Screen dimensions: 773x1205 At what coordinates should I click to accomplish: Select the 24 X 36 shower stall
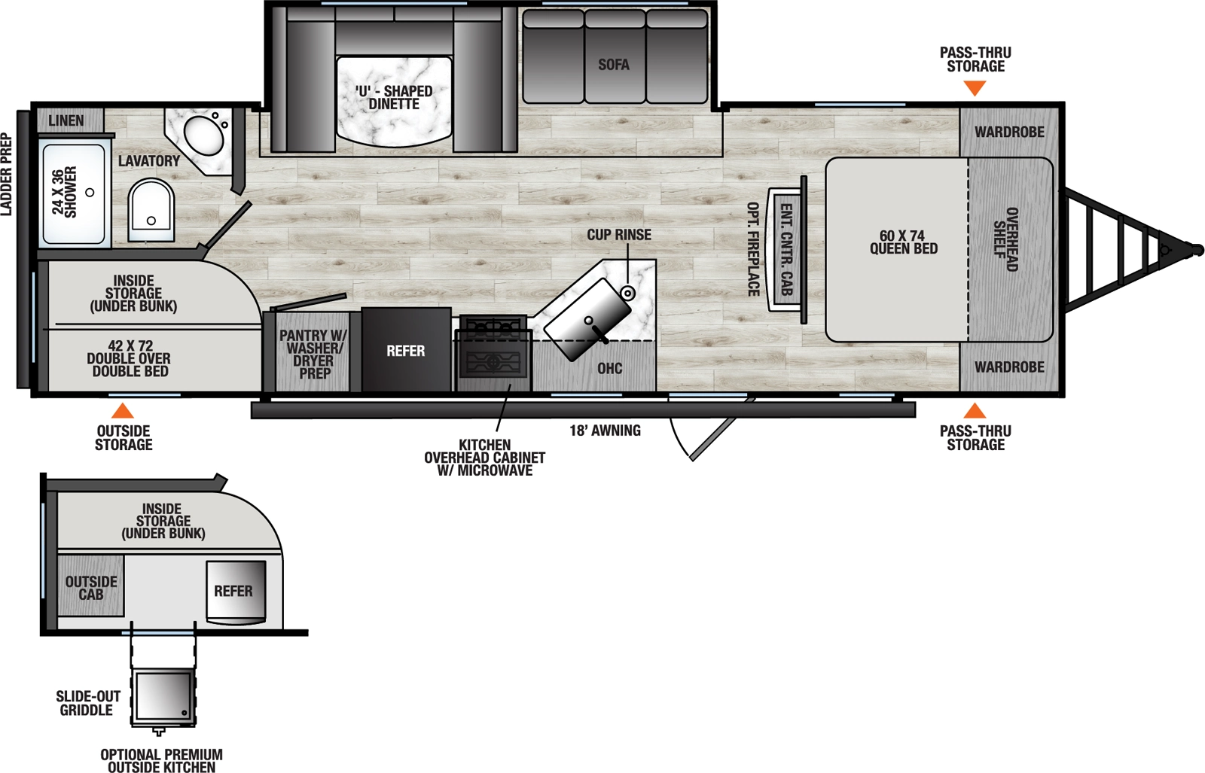pos(74,193)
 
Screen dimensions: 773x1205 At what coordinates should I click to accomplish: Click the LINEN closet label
pos(66,120)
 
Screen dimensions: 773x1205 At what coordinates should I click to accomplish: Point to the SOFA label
pos(614,65)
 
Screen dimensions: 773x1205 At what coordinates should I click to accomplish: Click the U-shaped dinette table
pos(394,99)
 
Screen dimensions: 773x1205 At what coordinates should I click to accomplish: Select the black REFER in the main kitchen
pos(406,351)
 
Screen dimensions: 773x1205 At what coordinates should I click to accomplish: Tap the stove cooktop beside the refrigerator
pos(493,354)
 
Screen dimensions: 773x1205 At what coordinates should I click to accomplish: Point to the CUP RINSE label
pos(619,235)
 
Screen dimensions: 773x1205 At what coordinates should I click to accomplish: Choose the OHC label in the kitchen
pos(610,368)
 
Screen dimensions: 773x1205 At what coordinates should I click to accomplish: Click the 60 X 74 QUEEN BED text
pos(903,242)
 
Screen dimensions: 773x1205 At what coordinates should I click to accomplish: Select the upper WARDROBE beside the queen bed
pos(1009,132)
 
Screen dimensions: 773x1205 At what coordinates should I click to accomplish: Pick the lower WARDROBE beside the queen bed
pos(1009,367)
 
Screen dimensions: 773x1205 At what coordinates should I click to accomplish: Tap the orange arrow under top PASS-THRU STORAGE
pos(975,88)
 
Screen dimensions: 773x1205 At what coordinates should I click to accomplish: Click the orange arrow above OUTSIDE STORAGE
pos(122,411)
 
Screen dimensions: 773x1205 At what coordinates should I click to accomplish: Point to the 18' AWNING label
pos(605,431)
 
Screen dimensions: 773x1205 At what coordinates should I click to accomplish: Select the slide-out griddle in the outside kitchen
pos(163,696)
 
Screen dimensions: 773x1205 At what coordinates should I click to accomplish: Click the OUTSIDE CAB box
pos(91,587)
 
